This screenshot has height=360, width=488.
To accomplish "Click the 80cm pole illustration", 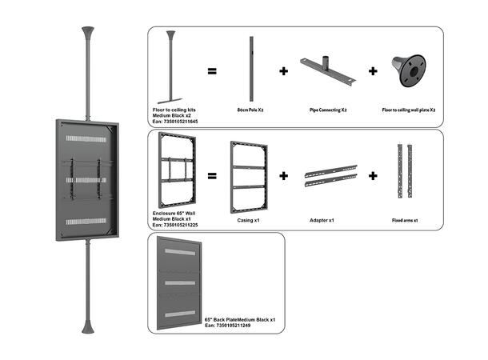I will tap(250, 67).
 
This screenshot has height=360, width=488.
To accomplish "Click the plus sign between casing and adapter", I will tap(283, 174).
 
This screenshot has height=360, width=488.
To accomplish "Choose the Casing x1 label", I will tap(250, 219).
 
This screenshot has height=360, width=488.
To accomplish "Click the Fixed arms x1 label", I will tap(405, 219).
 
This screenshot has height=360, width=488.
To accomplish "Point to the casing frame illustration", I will tap(249, 175).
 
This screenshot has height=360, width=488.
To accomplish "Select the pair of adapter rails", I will tap(329, 178).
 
